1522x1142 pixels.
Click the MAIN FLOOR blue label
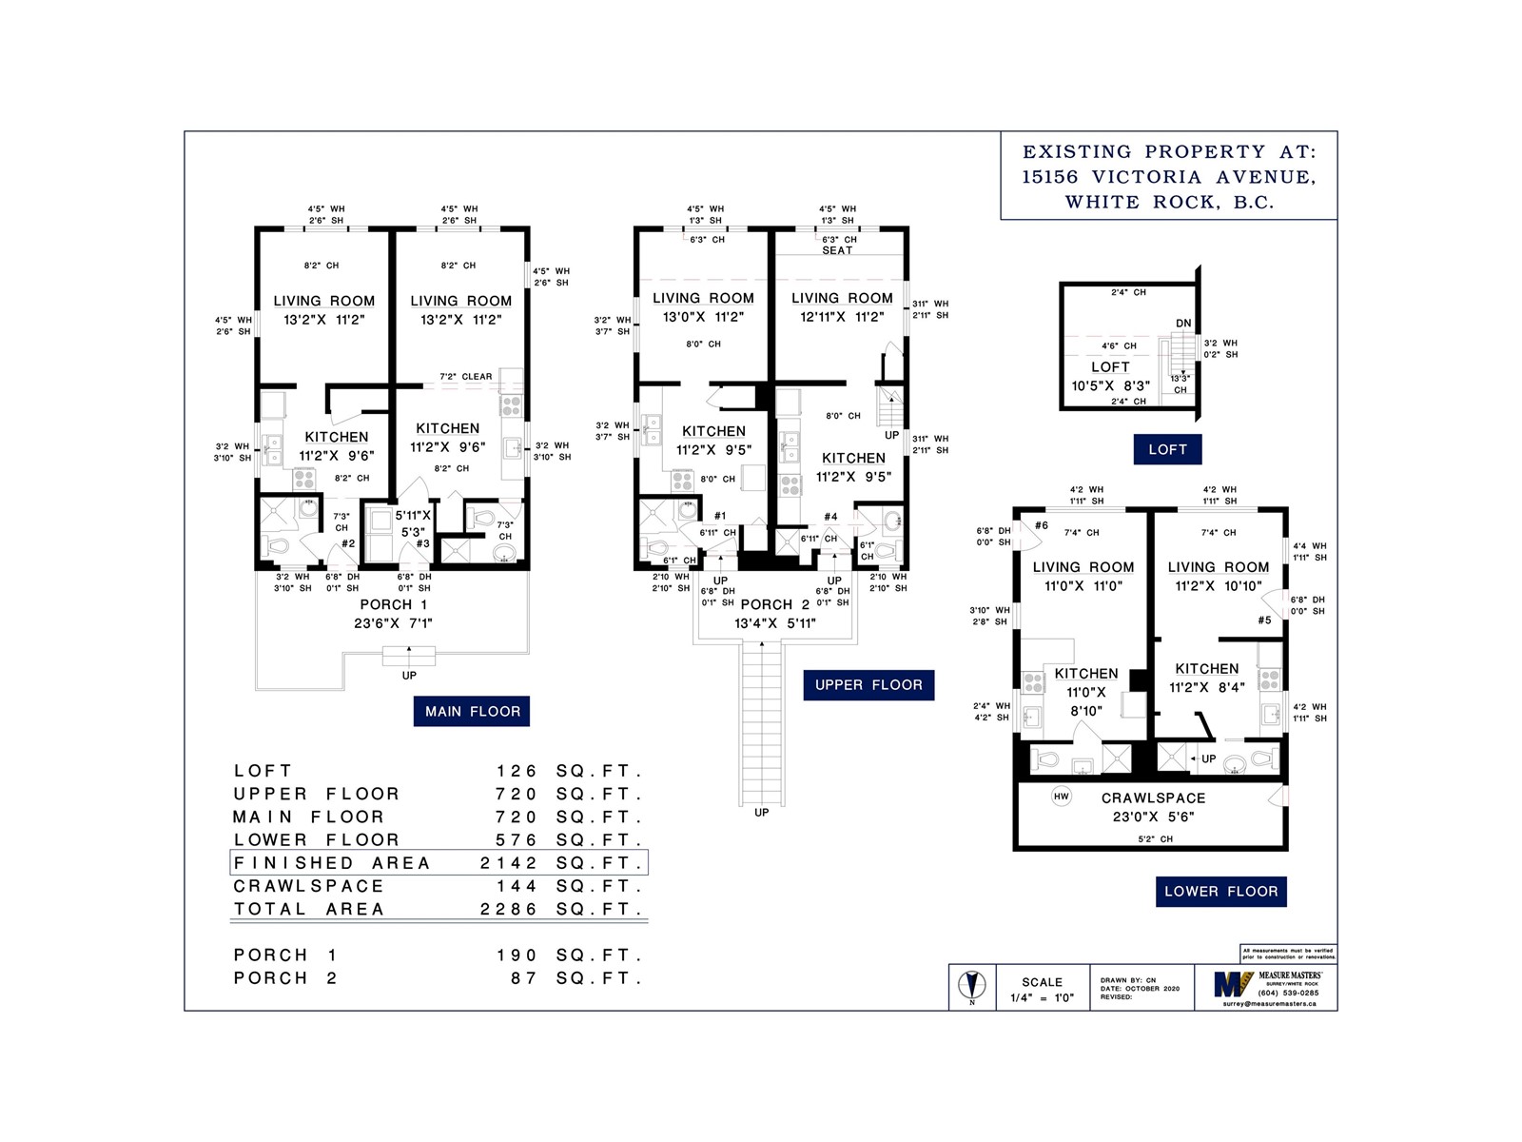(x=472, y=711)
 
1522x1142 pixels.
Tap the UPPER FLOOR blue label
(x=868, y=685)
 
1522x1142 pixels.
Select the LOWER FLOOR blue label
(x=1221, y=892)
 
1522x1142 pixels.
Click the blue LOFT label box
(x=1167, y=449)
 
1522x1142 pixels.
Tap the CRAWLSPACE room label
(x=1153, y=798)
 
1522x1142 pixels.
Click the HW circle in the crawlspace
(x=1062, y=797)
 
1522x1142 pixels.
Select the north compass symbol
(x=971, y=986)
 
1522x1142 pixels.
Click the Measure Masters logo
(x=1231, y=984)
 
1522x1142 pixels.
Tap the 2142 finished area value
(x=509, y=863)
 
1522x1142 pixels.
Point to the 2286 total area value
(x=509, y=909)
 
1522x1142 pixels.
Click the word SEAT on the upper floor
(x=837, y=250)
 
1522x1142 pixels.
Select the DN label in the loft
(x=1183, y=324)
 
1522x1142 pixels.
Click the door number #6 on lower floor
(x=1042, y=525)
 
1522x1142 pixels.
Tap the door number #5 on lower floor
(x=1264, y=620)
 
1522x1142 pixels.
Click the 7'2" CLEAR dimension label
(x=465, y=377)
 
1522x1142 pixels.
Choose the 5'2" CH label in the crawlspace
(x=1156, y=839)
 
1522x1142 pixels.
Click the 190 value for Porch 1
(x=517, y=955)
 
